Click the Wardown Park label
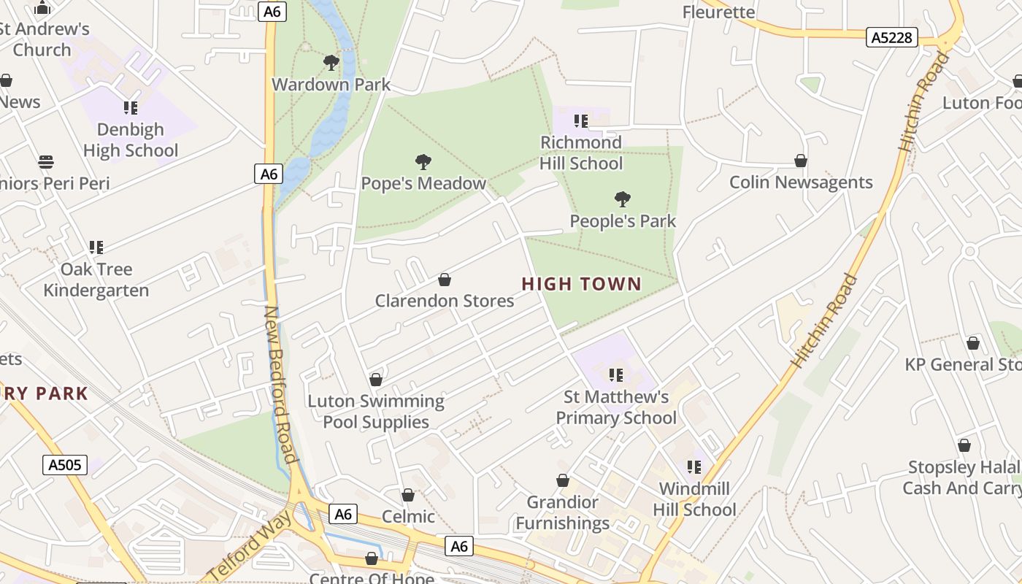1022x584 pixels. point(331,84)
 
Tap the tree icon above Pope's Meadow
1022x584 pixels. point(423,162)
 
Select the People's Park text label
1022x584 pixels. point(623,220)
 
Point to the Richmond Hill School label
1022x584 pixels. point(581,153)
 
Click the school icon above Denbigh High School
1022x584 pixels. point(131,108)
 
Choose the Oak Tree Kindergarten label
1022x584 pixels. point(96,280)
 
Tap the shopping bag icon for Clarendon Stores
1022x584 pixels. point(444,280)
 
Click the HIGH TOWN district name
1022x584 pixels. point(582,284)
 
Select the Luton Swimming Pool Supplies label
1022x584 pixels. point(376,412)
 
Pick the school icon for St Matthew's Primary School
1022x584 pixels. point(616,375)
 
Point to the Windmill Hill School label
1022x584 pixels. point(694,499)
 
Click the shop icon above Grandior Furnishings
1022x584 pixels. point(563,480)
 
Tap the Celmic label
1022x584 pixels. point(408,516)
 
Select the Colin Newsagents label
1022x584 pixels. point(801,182)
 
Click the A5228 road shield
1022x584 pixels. point(891,37)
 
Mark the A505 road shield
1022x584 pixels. point(65,465)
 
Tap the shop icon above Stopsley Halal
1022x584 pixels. point(964,445)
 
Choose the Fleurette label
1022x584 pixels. point(718,12)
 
